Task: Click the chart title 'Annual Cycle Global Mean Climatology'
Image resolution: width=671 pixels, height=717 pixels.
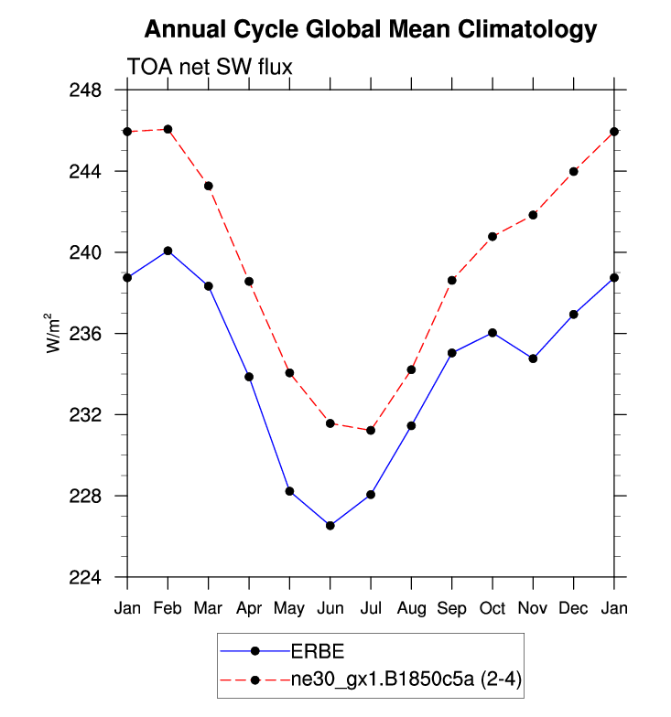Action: click(371, 30)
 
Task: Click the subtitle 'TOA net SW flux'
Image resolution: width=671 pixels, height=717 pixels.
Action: click(209, 66)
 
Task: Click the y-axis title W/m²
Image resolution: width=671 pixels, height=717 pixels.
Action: click(55, 334)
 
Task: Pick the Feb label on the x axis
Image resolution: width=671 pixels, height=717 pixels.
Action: click(168, 607)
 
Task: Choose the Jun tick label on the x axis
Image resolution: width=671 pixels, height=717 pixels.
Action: click(330, 607)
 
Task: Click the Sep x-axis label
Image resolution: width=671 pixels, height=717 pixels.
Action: click(452, 607)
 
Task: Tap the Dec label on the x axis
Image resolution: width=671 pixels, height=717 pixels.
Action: click(574, 607)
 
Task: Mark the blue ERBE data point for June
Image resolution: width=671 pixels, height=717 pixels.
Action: click(330, 526)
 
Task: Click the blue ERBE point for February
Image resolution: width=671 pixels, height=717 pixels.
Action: click(168, 251)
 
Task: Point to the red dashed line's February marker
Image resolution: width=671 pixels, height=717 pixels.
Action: click(168, 129)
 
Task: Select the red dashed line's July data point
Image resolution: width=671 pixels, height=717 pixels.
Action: click(371, 430)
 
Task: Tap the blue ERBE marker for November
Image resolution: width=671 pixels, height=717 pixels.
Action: click(534, 358)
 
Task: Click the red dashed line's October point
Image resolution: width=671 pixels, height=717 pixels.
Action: click(492, 236)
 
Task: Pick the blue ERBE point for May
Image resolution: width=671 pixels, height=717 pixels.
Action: click(289, 491)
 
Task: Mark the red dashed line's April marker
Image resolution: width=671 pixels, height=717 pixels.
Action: click(249, 282)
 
